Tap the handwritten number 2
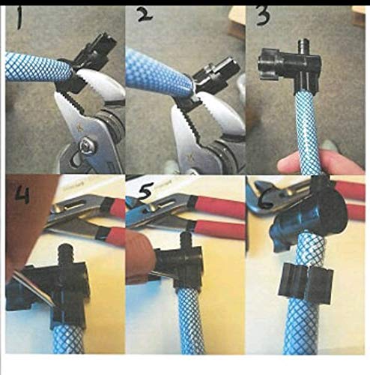pyautogui.click(x=144, y=14)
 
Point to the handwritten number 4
pyautogui.click(x=22, y=196)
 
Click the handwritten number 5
pyautogui.click(x=146, y=192)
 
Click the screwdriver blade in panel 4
pyautogui.click(x=32, y=289)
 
